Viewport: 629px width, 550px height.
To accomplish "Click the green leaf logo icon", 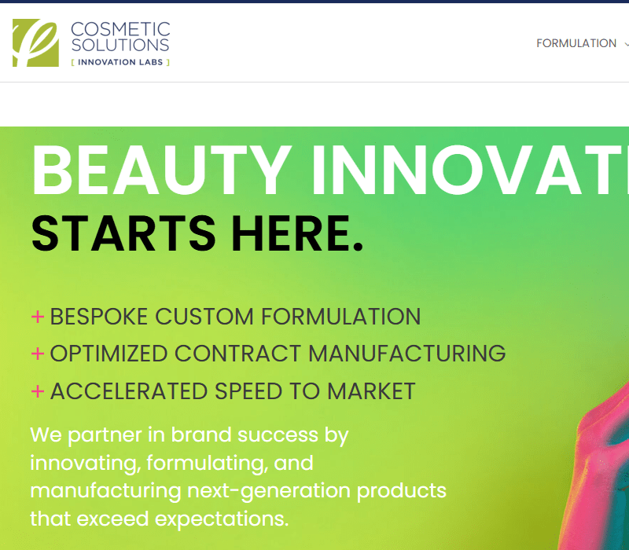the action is [35, 42].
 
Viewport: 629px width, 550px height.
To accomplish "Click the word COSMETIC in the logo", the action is [120, 30].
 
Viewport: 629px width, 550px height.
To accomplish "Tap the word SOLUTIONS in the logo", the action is [120, 45].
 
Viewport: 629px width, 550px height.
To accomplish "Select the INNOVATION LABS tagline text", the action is [120, 62].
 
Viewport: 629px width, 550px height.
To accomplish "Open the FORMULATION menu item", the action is [576, 43].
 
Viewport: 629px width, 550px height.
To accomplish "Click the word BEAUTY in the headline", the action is [161, 170].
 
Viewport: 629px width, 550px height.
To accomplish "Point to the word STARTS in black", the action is [123, 233].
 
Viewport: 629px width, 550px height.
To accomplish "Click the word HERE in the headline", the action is [292, 233].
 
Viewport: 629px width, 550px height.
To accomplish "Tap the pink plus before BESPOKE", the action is [37, 317].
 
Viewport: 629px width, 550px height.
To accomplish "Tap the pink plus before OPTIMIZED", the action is [37, 354].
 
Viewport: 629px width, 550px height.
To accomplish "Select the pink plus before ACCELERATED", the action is [37, 390].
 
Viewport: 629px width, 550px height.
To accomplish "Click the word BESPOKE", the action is [99, 317].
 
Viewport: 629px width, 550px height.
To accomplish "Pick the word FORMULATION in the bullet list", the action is [341, 317].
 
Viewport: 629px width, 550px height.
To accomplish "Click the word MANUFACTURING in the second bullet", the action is [406, 354].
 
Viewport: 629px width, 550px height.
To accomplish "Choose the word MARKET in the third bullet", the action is [371, 390].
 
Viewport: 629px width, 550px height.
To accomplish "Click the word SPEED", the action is [248, 390].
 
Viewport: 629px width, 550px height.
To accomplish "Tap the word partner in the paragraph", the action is [105, 436].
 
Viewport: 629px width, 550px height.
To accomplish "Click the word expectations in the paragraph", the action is [222, 519].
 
